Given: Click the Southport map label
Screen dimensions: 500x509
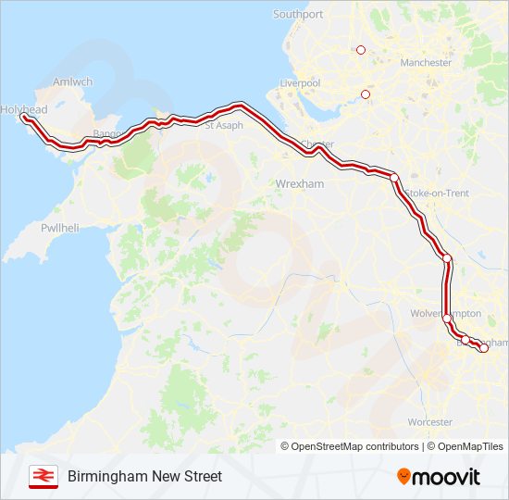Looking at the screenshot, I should click(x=298, y=14).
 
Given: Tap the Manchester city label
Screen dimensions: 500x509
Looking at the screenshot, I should click(x=426, y=63).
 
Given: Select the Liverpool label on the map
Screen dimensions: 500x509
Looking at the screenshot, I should click(x=299, y=83).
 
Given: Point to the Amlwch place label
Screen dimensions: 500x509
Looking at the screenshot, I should click(x=73, y=81).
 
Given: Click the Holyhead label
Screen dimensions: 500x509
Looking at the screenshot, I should click(x=23, y=109).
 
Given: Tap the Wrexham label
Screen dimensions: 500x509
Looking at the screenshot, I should click(x=300, y=184).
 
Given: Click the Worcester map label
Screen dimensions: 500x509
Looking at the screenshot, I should click(x=429, y=422).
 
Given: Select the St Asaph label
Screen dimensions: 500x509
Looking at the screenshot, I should click(x=224, y=125).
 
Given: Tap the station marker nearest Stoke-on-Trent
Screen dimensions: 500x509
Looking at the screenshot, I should click(x=394, y=178).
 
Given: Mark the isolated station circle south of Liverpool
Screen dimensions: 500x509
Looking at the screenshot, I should click(x=366, y=94).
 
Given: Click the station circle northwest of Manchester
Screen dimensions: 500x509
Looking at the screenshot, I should click(x=361, y=50).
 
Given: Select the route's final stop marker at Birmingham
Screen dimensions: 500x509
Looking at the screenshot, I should click(x=483, y=348).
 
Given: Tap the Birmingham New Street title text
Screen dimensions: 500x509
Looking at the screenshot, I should click(x=144, y=476).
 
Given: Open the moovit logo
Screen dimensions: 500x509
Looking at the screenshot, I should click(x=439, y=476).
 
